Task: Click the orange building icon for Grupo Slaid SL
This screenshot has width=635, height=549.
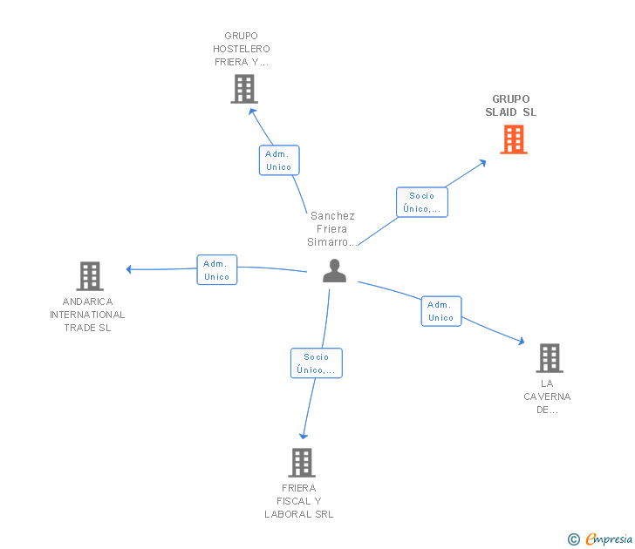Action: [514, 139]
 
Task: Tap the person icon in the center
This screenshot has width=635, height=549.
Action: [334, 271]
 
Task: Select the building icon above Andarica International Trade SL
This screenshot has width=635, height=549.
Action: [90, 276]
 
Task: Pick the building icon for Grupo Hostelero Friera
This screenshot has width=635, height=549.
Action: [244, 88]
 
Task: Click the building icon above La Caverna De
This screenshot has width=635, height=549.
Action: [549, 357]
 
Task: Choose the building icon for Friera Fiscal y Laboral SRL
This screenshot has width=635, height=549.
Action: [301, 462]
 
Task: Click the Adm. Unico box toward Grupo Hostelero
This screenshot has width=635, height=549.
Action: [279, 160]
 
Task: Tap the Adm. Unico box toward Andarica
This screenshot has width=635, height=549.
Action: [217, 270]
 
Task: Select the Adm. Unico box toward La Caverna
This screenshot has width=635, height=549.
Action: [441, 311]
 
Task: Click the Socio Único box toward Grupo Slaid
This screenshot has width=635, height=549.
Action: [422, 202]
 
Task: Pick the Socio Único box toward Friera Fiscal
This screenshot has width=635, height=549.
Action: [316, 363]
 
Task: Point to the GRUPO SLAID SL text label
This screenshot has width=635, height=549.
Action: [511, 105]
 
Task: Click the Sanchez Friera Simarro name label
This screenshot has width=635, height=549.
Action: [333, 229]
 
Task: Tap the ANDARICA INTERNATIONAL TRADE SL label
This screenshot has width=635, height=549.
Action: [87, 315]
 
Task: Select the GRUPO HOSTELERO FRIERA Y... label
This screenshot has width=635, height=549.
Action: [242, 49]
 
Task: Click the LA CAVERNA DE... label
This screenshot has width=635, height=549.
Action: [547, 396]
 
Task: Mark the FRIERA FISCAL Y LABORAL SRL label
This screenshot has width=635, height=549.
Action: [299, 501]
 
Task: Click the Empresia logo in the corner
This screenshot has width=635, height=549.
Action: [601, 539]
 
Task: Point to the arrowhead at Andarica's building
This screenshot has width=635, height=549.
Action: [129, 269]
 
